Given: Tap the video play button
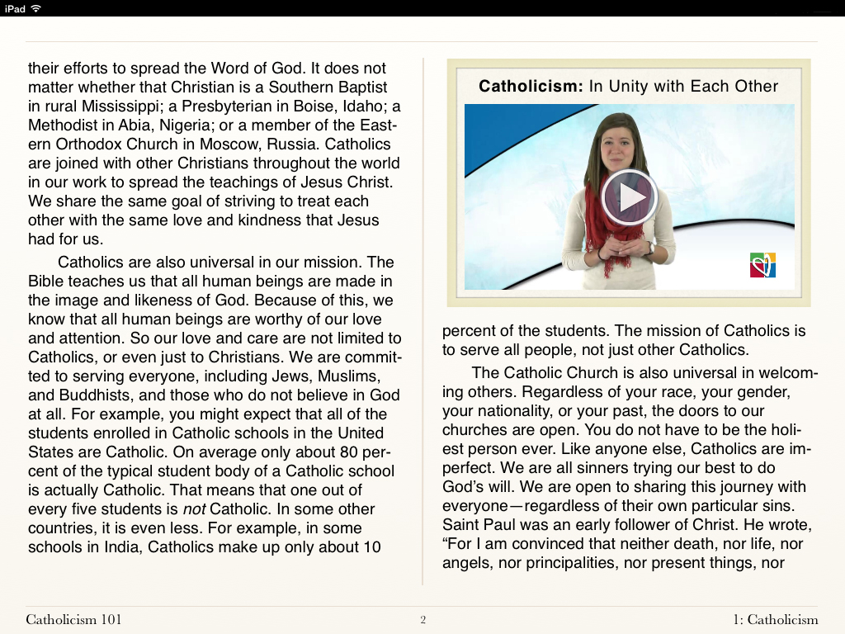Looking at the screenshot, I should tap(629, 197).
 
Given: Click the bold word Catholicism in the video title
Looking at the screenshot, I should tap(531, 86).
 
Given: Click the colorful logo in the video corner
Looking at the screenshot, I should tap(762, 265).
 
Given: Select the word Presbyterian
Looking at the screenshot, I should tap(234, 106).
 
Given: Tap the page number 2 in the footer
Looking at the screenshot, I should tap(422, 620).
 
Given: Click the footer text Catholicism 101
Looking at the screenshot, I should tap(73, 620).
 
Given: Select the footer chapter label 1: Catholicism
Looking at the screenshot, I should tap(775, 620).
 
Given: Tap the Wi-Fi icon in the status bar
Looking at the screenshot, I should tap(36, 8).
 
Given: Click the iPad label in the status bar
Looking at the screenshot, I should tap(15, 8).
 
